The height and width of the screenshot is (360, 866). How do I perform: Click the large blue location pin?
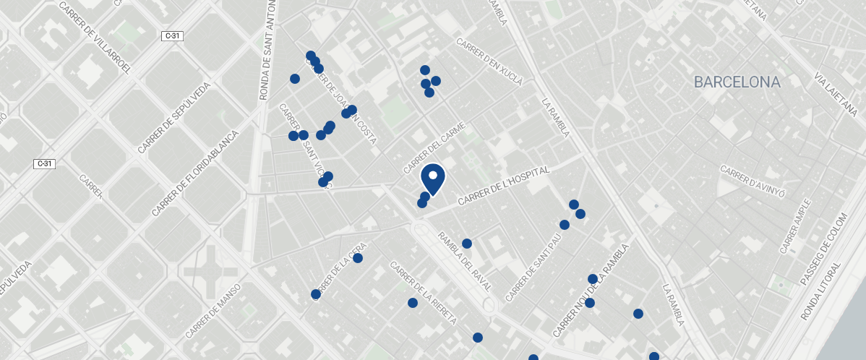[432, 179]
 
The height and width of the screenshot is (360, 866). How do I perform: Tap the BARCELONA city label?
[737, 82]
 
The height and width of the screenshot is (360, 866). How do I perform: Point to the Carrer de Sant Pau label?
[533, 272]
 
